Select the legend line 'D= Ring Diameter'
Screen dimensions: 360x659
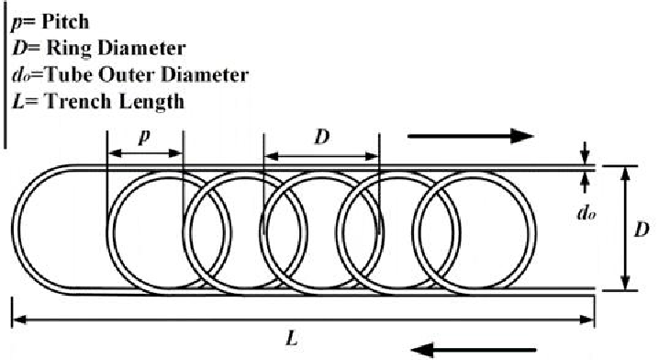78,45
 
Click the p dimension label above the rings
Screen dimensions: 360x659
143,138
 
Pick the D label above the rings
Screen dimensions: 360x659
322,138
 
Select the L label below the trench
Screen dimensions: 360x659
291,337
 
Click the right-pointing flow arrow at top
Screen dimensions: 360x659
470,137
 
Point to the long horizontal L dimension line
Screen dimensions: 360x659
303,319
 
